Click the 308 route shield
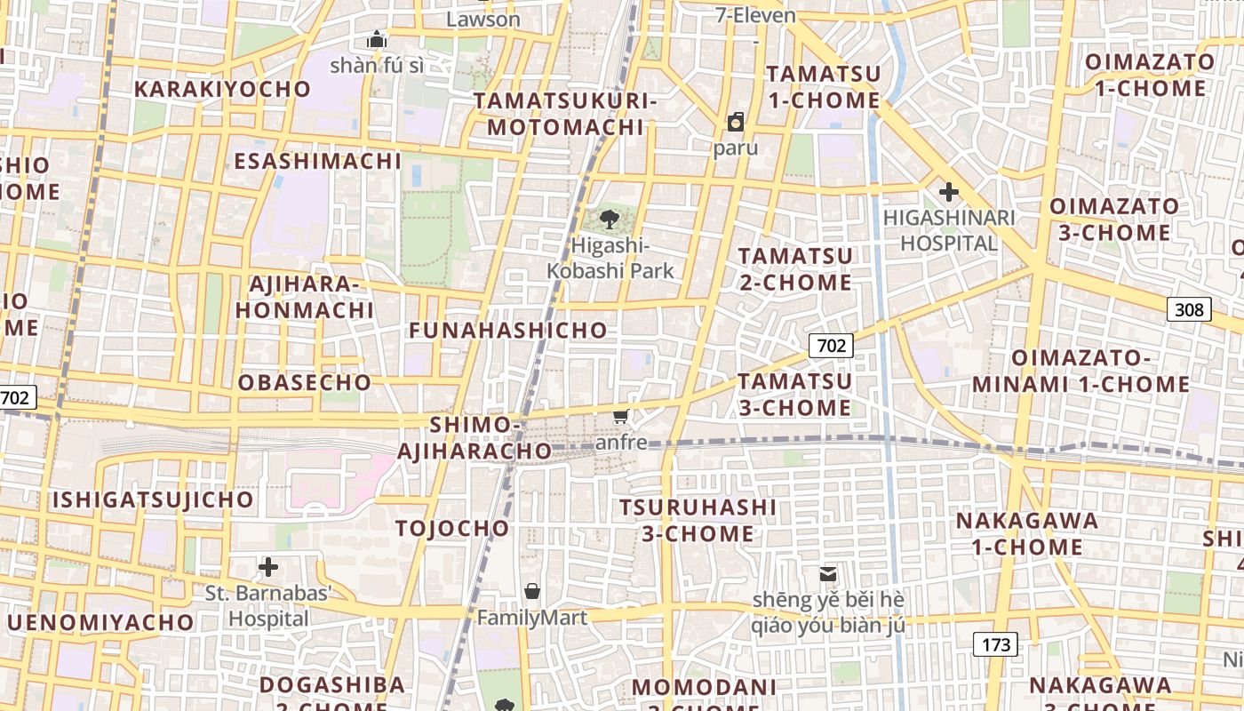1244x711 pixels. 1189,309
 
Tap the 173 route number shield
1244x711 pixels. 995,644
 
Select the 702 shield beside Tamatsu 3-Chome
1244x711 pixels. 831,346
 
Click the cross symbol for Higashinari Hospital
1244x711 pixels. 948,191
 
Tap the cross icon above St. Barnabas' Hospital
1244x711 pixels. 268,566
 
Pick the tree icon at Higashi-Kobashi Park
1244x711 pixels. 610,219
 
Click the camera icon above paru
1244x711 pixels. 736,122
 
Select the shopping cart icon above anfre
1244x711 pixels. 621,417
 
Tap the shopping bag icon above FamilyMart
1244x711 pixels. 532,591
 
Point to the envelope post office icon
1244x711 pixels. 828,574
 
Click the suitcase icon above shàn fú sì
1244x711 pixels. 377,40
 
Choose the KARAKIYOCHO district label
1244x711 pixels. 222,89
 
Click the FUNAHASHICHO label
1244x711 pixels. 508,331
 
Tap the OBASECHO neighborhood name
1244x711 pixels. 305,383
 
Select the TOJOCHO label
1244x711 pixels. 452,529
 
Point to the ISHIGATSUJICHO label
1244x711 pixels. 153,499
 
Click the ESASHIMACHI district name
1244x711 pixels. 317,161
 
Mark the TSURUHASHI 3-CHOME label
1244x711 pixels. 698,520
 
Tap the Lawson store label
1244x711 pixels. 483,19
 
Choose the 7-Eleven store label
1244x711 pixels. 756,15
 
